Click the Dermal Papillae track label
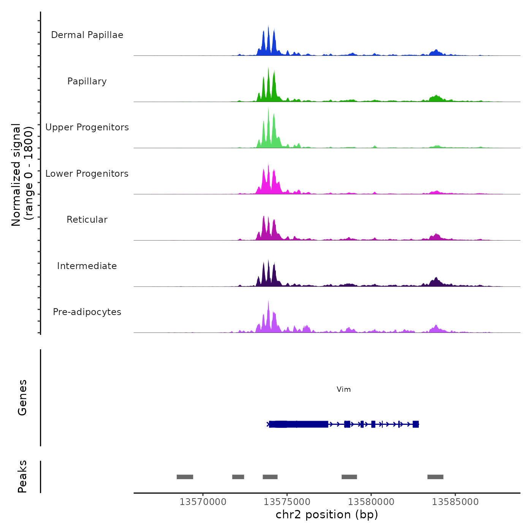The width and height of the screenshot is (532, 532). coord(87,35)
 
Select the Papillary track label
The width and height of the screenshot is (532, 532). coord(87,81)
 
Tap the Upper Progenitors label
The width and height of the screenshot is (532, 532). coord(87,127)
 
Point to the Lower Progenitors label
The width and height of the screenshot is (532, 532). coord(87,174)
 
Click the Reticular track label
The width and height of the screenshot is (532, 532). coord(87,220)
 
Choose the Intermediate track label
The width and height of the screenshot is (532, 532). coord(87,266)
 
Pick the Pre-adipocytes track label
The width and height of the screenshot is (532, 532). coord(87,312)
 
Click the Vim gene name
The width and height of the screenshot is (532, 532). coord(344,389)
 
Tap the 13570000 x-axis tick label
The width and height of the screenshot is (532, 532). coord(203,502)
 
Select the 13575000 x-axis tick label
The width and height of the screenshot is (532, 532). coord(287,502)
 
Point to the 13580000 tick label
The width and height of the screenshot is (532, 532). coord(371,502)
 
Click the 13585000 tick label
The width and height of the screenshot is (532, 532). coord(455,502)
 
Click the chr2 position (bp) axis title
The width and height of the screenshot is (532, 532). coord(327,515)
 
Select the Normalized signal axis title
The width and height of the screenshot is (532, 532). coord(22,175)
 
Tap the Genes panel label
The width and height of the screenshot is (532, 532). coord(22,397)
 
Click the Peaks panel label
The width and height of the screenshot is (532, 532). coord(22,477)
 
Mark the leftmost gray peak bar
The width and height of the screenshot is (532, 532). coord(185,477)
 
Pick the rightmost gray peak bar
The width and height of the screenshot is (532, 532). coord(435,477)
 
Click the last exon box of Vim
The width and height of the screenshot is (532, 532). coord(416,424)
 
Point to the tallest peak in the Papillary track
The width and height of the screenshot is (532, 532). coord(268,69)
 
